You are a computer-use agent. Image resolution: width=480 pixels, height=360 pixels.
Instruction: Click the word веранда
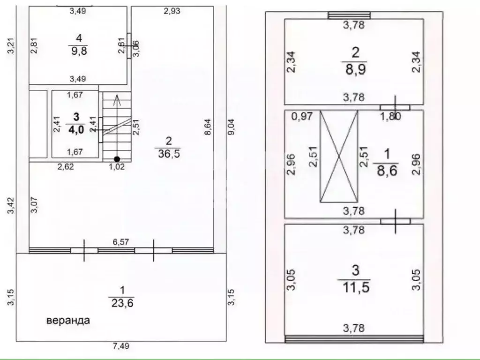click(x=68, y=321)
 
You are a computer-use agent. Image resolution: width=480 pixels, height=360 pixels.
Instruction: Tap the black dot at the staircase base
click(x=117, y=159)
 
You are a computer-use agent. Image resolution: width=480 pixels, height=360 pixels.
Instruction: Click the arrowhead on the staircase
click(x=117, y=100)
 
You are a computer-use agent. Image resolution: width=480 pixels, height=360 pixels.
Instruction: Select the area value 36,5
click(x=169, y=153)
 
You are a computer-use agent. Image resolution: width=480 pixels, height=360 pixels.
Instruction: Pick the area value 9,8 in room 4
click(x=79, y=51)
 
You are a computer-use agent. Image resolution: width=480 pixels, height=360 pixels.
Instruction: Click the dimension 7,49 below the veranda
click(x=121, y=346)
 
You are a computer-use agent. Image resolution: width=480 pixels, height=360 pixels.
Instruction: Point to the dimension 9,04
click(x=232, y=127)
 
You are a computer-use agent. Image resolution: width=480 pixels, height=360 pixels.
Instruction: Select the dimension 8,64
click(x=208, y=127)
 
